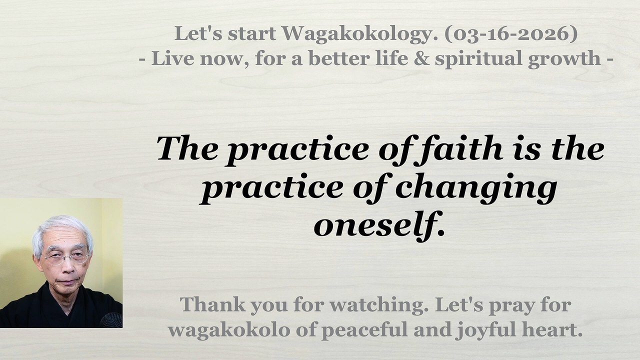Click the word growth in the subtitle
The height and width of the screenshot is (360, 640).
click(564, 59)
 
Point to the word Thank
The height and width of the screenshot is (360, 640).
click(212, 304)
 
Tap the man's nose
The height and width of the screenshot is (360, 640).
click(67, 266)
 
